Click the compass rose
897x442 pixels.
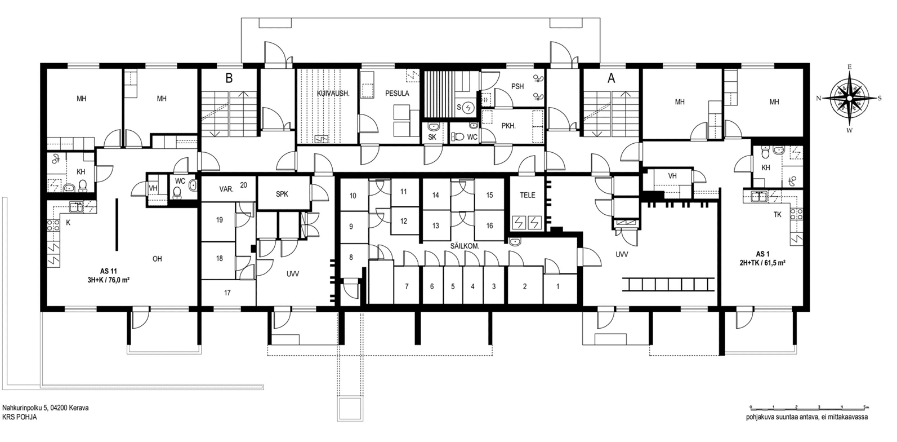point(849,98)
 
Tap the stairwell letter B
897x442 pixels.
point(229,78)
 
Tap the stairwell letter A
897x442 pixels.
point(611,78)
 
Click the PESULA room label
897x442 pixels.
point(397,94)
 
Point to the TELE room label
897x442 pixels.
point(528,195)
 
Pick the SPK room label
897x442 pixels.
point(282,194)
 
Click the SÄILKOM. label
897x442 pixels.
point(464,246)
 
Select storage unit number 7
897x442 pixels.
point(407,286)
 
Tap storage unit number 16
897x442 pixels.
point(489,226)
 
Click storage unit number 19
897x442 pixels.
point(219,220)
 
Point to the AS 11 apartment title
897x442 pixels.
point(108,272)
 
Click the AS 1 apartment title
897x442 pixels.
point(762,254)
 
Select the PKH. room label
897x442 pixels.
point(508,126)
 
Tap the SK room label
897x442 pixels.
point(432,137)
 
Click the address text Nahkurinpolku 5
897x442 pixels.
point(25,408)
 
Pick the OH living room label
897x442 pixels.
point(157,259)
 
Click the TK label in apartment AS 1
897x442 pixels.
point(777,215)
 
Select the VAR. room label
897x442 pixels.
point(226,189)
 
